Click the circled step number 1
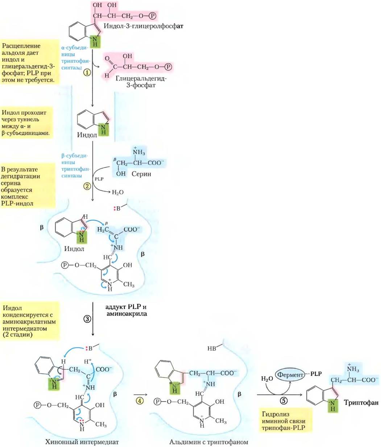click(87, 73)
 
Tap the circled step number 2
click(87, 186)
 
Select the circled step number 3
click(87, 319)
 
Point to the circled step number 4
click(140, 401)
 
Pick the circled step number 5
click(284, 401)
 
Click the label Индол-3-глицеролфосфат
click(143, 26)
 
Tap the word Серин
click(141, 174)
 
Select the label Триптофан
click(361, 402)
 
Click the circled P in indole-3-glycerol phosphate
click(152, 16)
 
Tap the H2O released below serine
click(118, 192)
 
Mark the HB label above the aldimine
click(212, 348)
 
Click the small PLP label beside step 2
click(99, 179)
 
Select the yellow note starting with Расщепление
click(30, 63)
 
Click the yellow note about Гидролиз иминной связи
click(286, 421)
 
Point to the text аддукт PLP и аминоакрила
click(127, 310)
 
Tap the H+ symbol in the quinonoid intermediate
click(88, 361)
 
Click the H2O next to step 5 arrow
click(267, 378)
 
